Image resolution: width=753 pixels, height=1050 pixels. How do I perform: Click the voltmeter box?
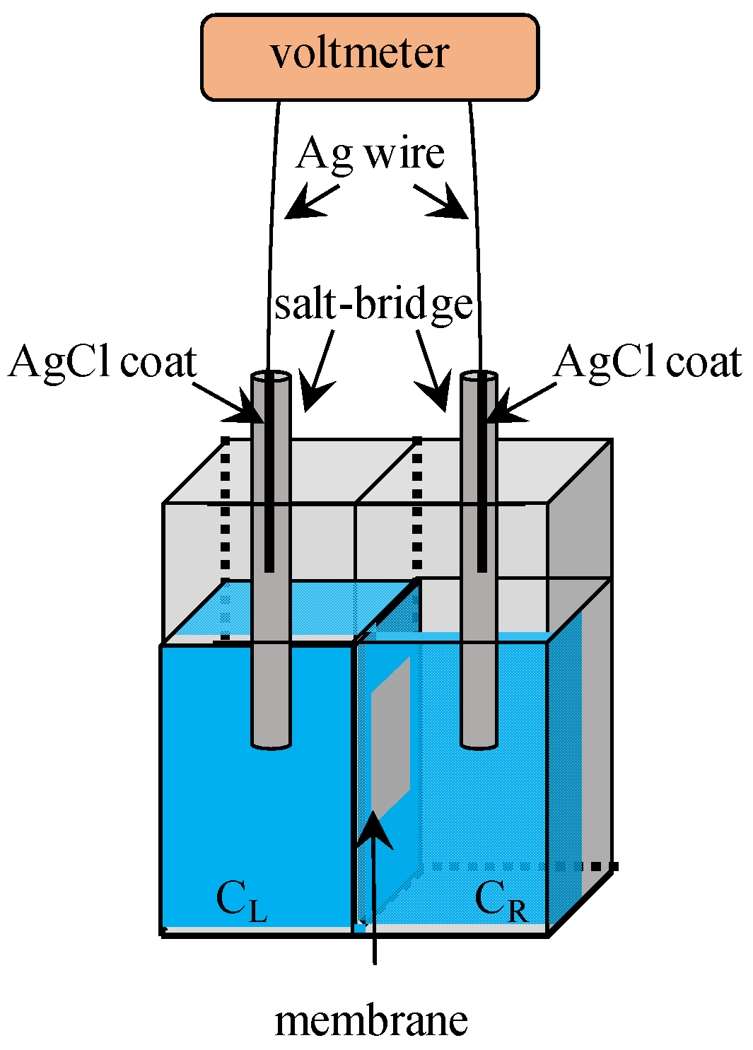point(370,57)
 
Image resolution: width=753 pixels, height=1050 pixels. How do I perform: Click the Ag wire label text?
point(370,153)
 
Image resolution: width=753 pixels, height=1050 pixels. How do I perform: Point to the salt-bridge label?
point(373,305)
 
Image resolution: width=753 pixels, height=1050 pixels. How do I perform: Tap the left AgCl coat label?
point(103,362)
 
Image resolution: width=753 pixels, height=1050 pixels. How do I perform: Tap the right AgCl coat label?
point(648,362)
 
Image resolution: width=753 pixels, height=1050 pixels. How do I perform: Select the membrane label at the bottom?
point(371,1020)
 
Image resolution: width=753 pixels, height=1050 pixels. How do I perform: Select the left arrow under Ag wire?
point(309,202)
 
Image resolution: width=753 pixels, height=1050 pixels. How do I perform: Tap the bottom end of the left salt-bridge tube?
point(272,742)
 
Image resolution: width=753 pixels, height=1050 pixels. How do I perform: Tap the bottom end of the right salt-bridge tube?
point(479,742)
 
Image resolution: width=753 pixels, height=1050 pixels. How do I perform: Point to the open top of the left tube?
point(272,377)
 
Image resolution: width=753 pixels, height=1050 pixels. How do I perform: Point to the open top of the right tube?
point(479,377)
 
